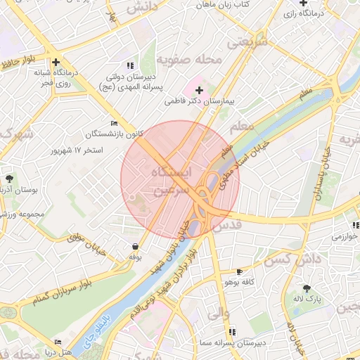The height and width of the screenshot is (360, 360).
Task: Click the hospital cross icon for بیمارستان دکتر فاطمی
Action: click(199, 90)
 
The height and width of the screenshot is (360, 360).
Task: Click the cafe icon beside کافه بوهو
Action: click(239, 271)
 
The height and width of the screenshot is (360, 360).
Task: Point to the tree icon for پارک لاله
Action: click(307, 289)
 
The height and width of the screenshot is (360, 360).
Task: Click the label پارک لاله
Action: click(307, 300)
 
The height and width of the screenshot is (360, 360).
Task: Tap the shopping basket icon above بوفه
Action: click(134, 247)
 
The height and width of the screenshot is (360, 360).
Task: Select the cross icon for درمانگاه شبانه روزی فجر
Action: click(56, 63)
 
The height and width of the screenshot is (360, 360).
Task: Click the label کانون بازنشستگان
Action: click(105, 134)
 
